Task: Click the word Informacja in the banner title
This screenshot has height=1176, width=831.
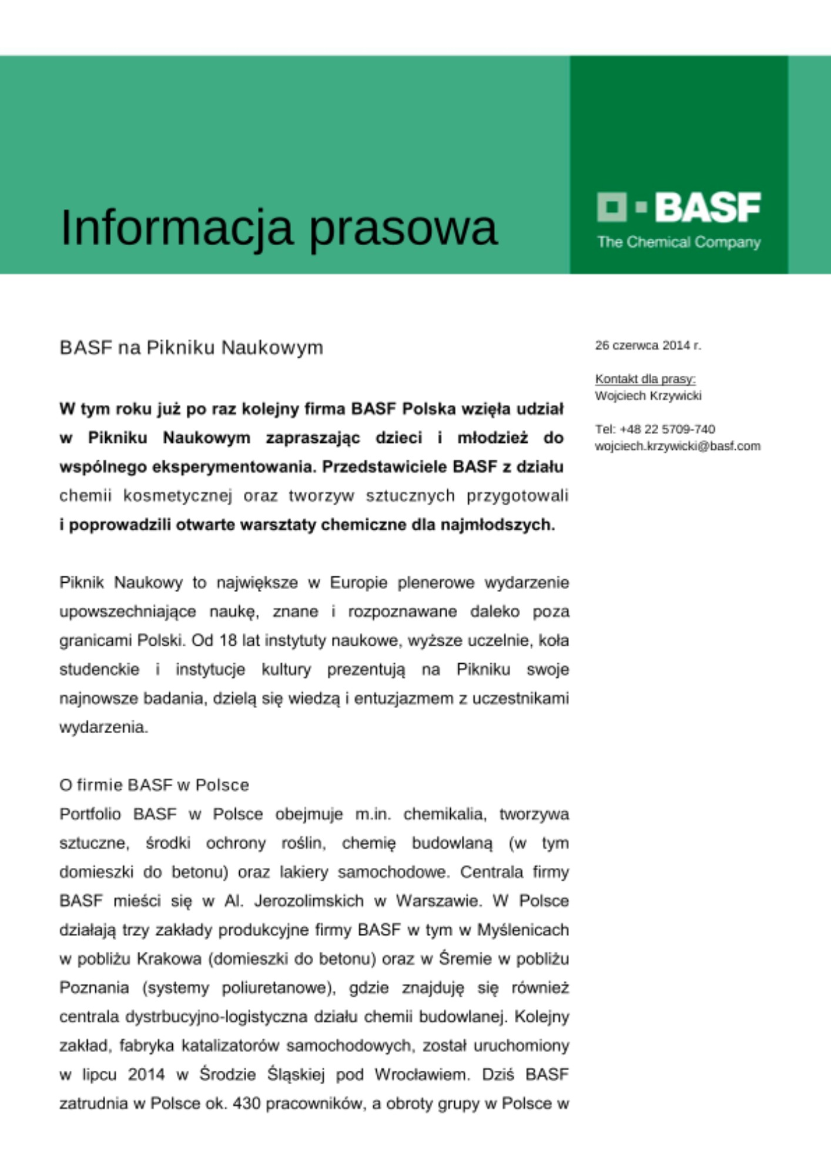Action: pyautogui.click(x=176, y=228)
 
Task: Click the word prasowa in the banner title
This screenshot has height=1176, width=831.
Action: pyautogui.click(x=403, y=228)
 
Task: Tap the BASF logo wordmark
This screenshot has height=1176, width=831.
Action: pyautogui.click(x=708, y=208)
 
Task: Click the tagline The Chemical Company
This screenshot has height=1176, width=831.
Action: pyautogui.click(x=679, y=242)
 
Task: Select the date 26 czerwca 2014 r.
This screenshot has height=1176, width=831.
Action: pyautogui.click(x=648, y=345)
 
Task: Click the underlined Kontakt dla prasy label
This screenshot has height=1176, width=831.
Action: pyautogui.click(x=645, y=379)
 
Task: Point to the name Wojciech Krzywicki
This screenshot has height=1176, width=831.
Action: pyautogui.click(x=648, y=395)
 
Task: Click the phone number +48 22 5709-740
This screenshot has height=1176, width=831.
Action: pyautogui.click(x=667, y=429)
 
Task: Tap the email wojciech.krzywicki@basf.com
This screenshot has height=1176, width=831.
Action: pyautogui.click(x=677, y=446)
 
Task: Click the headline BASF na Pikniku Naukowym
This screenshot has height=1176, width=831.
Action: pyautogui.click(x=191, y=348)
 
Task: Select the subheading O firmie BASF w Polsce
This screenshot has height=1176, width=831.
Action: pyautogui.click(x=154, y=785)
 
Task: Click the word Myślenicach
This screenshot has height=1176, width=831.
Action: pyautogui.click(x=522, y=930)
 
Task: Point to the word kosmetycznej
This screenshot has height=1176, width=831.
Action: pyautogui.click(x=177, y=496)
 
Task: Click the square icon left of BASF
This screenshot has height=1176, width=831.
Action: pyautogui.click(x=611, y=207)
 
